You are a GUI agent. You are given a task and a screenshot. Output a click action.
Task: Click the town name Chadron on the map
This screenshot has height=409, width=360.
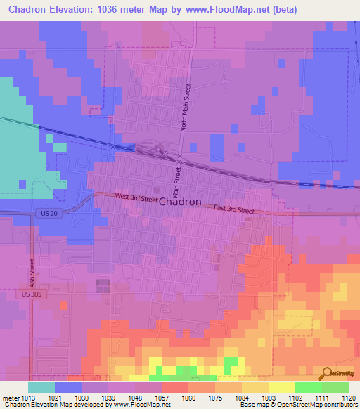coord(181,202)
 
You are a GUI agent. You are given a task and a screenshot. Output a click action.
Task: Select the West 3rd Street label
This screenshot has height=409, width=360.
coord(136,200)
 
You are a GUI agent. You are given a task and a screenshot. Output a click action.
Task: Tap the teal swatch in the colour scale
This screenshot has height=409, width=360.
coord(41,387)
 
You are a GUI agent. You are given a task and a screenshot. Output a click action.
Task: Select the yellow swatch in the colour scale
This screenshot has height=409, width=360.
coord(282,387)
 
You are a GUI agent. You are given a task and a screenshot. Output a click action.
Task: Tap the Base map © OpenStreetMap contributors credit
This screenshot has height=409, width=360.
coord(298,405)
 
